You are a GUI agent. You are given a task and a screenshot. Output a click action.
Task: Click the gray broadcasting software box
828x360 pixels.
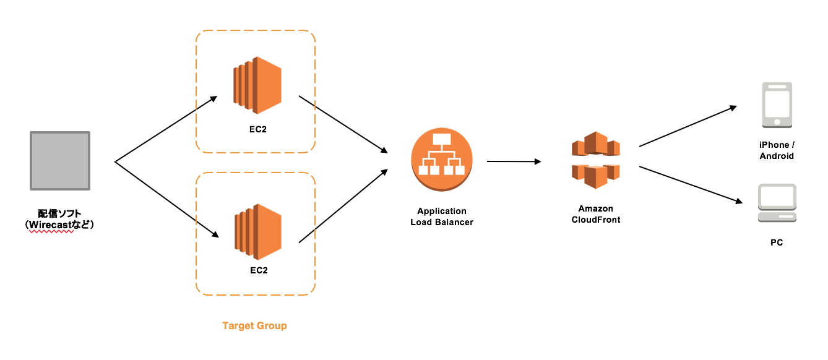(60, 160)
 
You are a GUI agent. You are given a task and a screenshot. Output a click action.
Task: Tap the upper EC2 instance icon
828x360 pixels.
(257, 85)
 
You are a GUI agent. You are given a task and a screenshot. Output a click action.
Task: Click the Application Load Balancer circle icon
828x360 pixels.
(442, 160)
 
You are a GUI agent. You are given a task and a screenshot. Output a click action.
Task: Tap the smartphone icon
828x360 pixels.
(777, 105)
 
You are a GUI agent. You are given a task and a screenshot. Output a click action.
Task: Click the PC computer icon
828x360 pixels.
(777, 204)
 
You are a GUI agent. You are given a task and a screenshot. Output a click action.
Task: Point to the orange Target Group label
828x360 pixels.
(254, 325)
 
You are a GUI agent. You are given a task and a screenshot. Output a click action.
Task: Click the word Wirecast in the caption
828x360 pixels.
(52, 225)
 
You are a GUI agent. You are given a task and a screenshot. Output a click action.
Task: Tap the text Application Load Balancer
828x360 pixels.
(442, 216)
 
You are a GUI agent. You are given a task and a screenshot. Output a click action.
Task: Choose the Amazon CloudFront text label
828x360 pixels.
(595, 214)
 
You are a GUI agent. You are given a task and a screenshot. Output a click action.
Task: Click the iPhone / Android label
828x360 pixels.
(777, 150)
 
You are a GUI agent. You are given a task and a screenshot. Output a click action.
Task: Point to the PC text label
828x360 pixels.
(777, 242)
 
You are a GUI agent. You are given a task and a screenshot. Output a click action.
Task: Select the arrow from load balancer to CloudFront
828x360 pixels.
(514, 161)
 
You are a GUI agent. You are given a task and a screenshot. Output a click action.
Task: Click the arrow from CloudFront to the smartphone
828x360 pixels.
(687, 127)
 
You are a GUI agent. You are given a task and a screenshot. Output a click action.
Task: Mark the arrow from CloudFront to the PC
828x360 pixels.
(690, 184)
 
